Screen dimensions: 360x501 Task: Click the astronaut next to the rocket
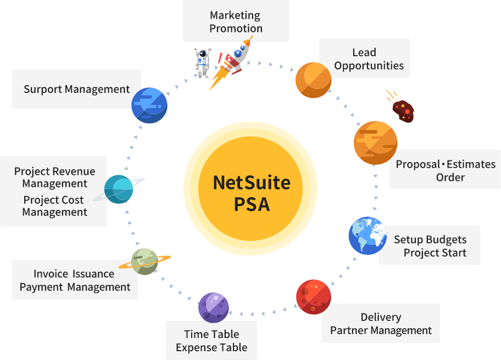click(202, 62)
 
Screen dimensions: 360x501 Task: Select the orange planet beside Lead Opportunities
click(314, 80)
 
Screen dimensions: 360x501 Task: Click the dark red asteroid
click(403, 111)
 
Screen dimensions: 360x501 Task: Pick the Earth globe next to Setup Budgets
click(368, 236)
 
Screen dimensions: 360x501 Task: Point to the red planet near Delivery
click(313, 297)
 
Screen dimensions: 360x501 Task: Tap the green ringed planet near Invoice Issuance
click(145, 261)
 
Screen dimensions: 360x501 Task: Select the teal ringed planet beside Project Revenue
click(119, 189)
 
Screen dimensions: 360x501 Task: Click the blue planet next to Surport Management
click(149, 106)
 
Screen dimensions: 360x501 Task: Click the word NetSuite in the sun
click(252, 182)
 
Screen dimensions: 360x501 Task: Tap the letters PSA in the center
click(252, 204)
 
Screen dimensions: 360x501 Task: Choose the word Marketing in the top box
click(235, 15)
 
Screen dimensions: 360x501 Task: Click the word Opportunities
click(369, 66)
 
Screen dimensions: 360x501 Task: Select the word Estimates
click(471, 164)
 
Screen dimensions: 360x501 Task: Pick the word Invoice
click(50, 274)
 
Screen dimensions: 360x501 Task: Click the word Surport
click(46, 89)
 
